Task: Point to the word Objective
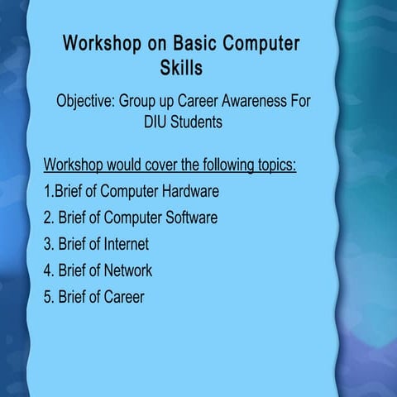click(85, 103)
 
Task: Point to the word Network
click(127, 270)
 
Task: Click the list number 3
click(48, 244)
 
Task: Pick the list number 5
click(48, 297)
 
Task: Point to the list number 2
click(48, 218)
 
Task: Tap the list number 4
click(48, 270)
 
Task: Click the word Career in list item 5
click(123, 297)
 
